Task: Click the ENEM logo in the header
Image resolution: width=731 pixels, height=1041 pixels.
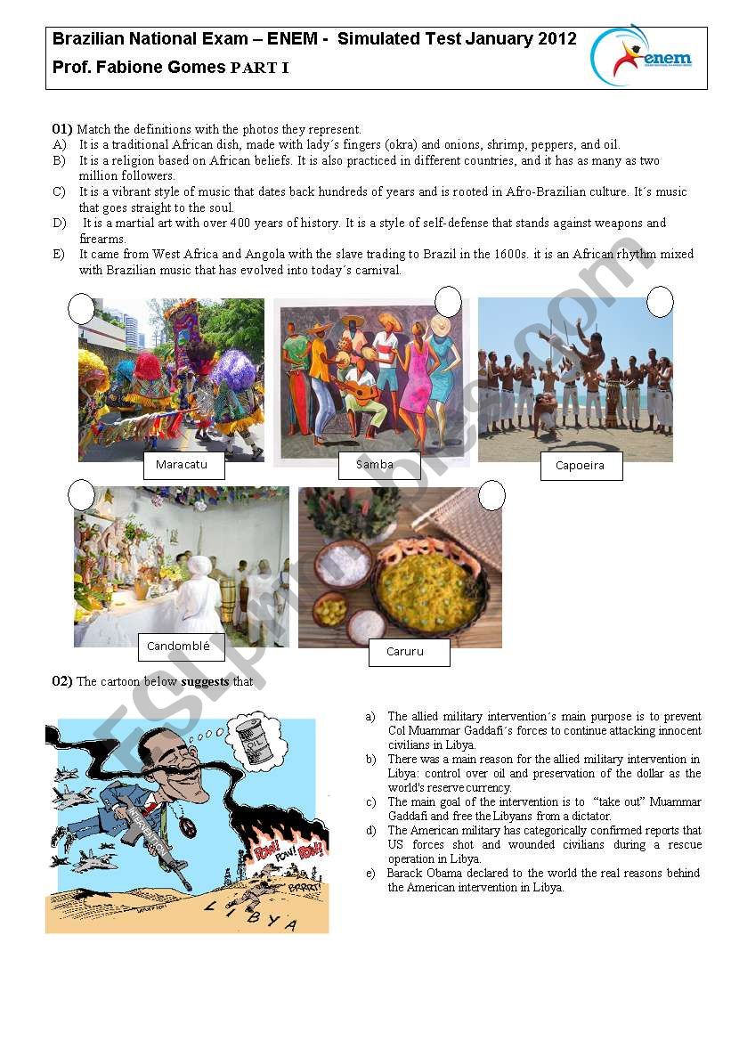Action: pyautogui.click(x=643, y=56)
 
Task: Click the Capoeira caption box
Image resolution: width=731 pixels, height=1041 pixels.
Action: pyautogui.click(x=581, y=466)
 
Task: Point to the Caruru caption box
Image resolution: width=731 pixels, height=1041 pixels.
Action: pyautogui.click(x=409, y=652)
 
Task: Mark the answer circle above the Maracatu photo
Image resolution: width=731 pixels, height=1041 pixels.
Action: pyautogui.click(x=81, y=308)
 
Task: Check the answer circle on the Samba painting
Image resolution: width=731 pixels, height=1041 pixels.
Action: pyautogui.click(x=449, y=301)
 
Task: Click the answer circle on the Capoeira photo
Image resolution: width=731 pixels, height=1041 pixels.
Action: pyautogui.click(x=660, y=302)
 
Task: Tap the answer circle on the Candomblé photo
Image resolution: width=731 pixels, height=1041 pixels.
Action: pyautogui.click(x=81, y=494)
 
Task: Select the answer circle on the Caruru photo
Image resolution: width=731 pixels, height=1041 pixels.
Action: pyautogui.click(x=491, y=495)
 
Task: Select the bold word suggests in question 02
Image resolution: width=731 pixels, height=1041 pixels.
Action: pyautogui.click(x=205, y=682)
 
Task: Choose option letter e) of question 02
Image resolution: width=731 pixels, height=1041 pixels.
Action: pyautogui.click(x=370, y=874)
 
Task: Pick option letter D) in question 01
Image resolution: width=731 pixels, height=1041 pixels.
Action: pyautogui.click(x=59, y=224)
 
